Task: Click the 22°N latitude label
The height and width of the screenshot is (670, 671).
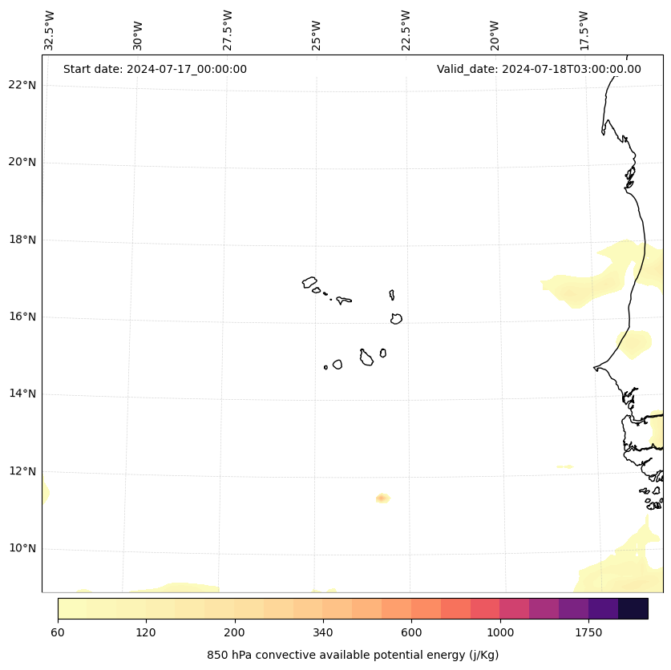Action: coord(22,86)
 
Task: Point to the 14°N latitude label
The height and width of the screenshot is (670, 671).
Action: coord(22,394)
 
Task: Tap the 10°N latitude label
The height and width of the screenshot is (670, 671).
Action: coord(22,549)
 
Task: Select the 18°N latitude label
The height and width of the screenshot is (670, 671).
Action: coord(22,240)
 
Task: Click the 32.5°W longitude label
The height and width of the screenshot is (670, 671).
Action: coord(50,30)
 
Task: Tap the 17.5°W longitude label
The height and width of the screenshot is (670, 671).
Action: coord(584,30)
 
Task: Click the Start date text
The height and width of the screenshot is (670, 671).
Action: coord(155,69)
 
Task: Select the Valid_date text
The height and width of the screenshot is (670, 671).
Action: coord(539,69)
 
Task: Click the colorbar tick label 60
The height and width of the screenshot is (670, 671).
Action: coord(58,633)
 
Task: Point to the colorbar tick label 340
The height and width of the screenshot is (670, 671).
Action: coord(323,633)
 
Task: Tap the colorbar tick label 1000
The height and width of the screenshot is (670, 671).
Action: coord(500,633)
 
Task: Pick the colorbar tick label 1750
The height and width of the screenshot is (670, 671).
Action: coord(588,633)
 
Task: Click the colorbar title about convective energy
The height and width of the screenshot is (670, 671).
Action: coord(353,655)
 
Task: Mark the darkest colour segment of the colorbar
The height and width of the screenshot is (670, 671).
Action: coord(633,608)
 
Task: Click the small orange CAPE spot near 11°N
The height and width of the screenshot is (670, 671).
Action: coord(382,498)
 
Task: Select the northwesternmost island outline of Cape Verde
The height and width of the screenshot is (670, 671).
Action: coord(309,282)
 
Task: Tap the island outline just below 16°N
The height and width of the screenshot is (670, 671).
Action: coord(396,319)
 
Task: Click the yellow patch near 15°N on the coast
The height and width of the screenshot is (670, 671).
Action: coord(634,344)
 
